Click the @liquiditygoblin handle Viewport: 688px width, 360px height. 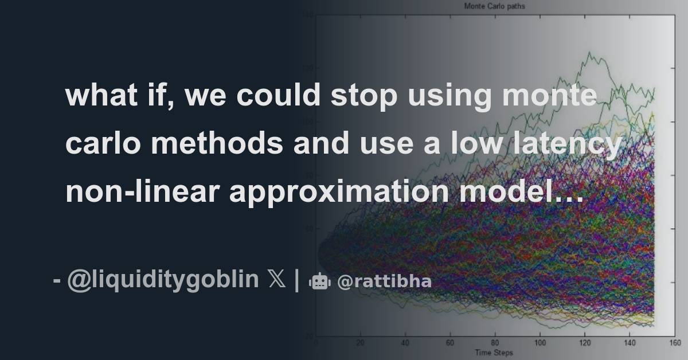163,280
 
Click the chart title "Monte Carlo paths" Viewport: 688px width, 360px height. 494,7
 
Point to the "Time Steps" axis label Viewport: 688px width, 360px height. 493,352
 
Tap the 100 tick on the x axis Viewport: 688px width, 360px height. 539,343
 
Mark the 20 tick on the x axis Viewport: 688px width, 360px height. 360,343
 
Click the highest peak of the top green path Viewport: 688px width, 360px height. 588,53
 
